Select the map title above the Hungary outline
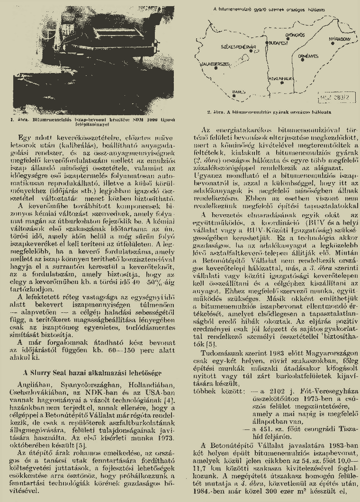coord(269,9)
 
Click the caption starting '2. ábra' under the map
coord(268,112)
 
